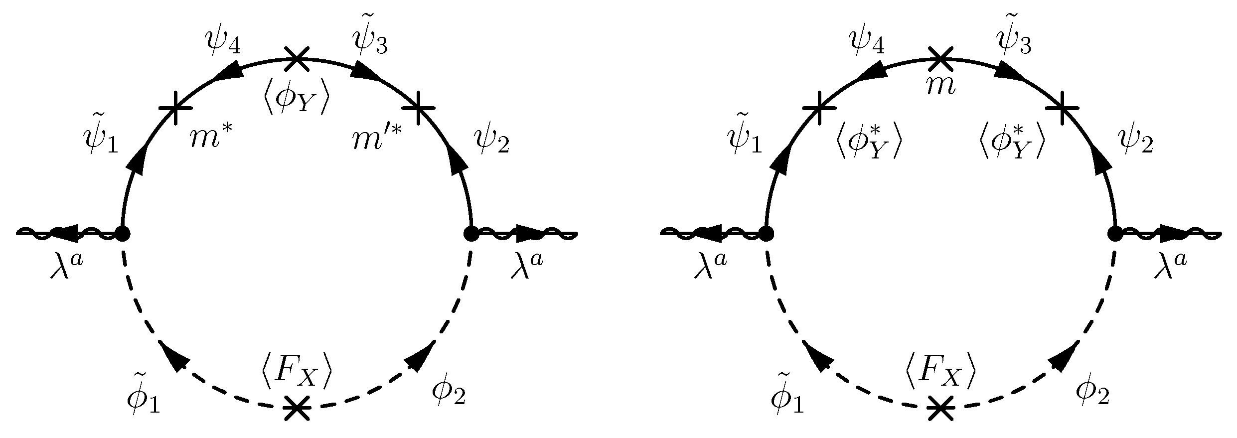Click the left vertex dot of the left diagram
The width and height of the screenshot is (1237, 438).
pyautogui.click(x=122, y=233)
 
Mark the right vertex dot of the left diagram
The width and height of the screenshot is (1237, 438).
pyautogui.click(x=471, y=233)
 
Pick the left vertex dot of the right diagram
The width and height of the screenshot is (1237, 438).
pyautogui.click(x=766, y=233)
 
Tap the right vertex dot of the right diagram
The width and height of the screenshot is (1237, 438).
pyautogui.click(x=1114, y=233)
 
